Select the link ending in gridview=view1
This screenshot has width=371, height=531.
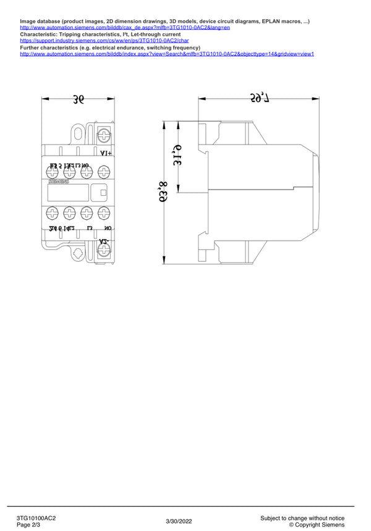[167, 54]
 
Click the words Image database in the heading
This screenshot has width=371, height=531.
[42, 22]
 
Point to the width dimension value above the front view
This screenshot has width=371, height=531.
[78, 99]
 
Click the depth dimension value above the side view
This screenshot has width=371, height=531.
[258, 97]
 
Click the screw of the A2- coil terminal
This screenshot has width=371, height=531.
[104, 250]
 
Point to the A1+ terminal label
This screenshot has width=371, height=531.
[106, 152]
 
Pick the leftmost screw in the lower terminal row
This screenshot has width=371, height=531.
[53, 213]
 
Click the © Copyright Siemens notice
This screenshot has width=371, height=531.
[317, 525]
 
